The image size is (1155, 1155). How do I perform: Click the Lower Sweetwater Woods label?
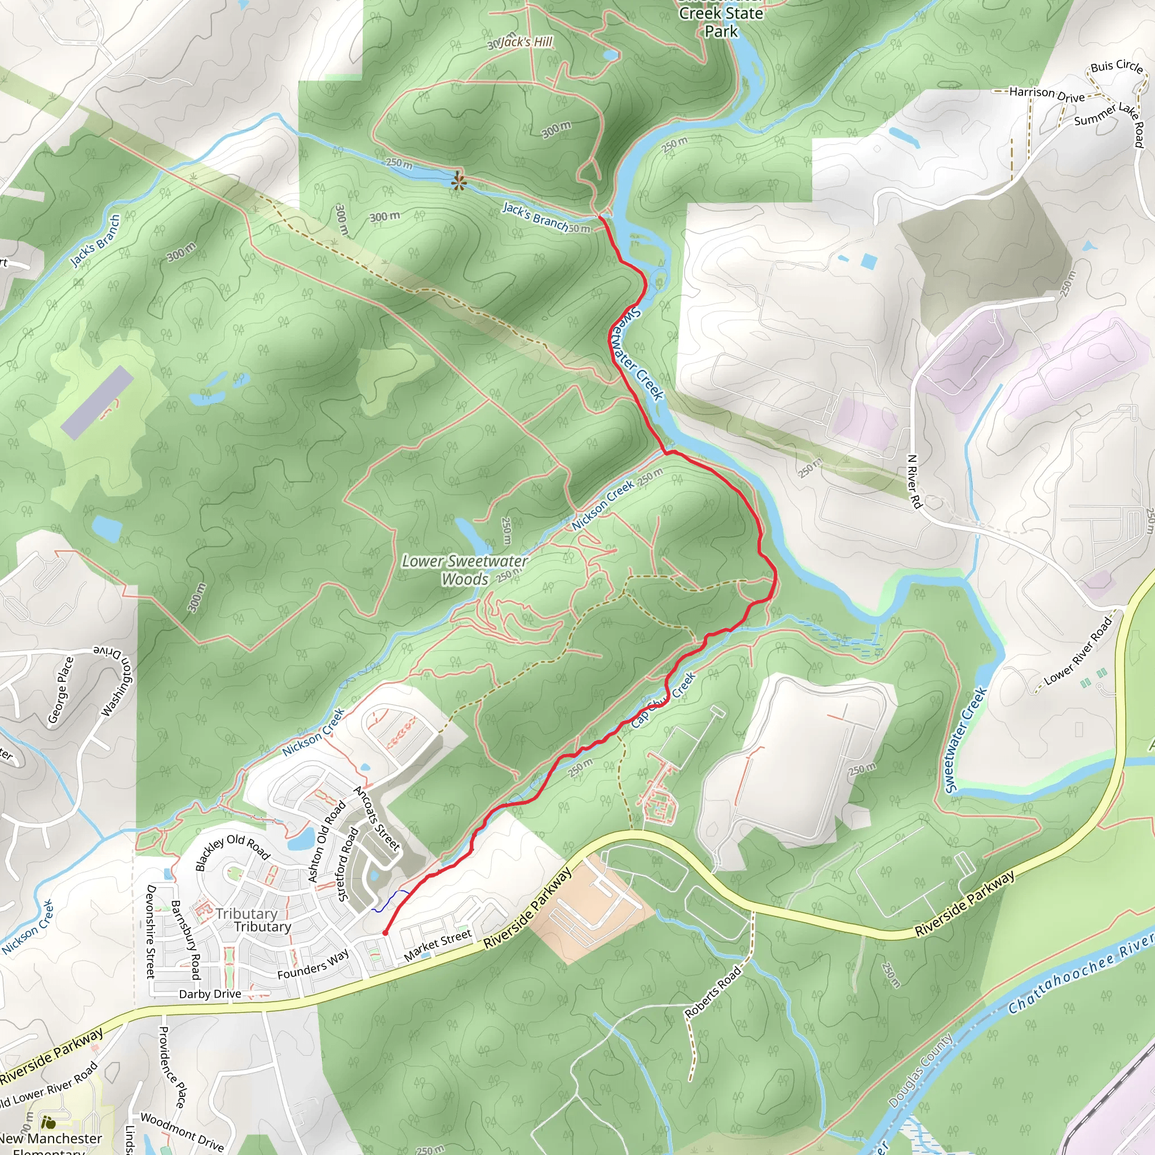point(465,570)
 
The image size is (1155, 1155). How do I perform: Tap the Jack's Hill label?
point(526,42)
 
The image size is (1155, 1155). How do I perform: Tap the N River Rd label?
point(914,481)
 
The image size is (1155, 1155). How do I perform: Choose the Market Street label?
point(438,945)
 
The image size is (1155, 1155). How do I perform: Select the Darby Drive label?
point(210,994)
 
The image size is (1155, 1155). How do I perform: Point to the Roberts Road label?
point(713,992)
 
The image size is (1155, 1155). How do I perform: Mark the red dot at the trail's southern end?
point(386,933)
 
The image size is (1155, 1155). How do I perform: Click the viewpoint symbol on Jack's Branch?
point(458,181)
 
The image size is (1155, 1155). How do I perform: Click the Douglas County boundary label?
point(920,1071)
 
